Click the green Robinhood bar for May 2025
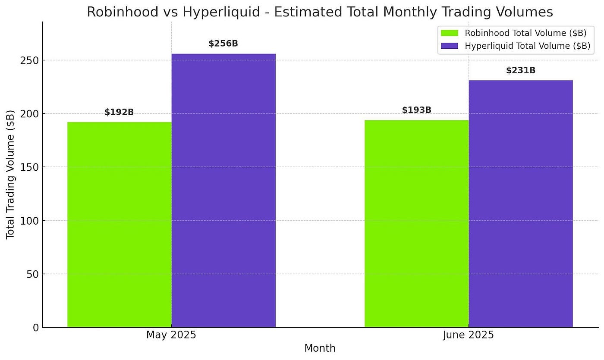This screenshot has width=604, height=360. tap(120, 224)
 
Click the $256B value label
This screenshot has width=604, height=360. tap(223, 44)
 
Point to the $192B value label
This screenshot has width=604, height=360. tap(119, 113)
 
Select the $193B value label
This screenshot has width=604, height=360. tap(416, 110)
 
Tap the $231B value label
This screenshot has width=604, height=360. tap(520, 70)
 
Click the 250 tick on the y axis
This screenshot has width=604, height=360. tap(29, 60)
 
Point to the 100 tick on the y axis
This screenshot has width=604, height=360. tap(29, 221)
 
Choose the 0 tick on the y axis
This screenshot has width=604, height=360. tap(35, 328)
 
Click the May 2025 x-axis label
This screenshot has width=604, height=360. tap(171, 335)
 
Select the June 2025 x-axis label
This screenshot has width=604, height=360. tap(469, 335)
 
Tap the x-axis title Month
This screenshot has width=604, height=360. tap(320, 348)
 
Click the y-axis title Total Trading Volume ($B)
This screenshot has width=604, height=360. tap(10, 174)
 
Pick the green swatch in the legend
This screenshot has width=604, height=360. tap(450, 33)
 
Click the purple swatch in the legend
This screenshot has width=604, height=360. tap(450, 46)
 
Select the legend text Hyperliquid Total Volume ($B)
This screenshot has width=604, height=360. tap(527, 46)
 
